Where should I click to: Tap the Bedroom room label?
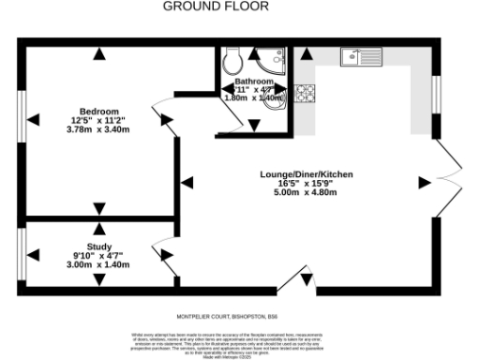tap(97, 109)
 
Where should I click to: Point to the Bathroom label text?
tap(254, 82)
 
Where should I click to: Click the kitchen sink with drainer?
tap(364, 56)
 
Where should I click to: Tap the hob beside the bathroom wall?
tap(305, 93)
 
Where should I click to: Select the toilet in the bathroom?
tap(232, 61)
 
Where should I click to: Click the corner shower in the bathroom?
tap(276, 60)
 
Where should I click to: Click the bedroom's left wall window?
tap(22, 118)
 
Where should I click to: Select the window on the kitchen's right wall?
tap(436, 94)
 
